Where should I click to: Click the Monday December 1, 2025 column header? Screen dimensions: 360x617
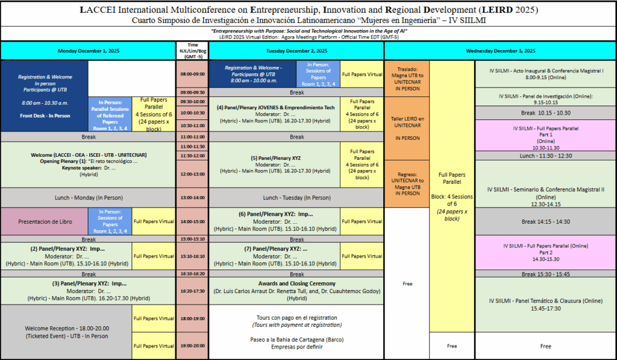pos(88,51)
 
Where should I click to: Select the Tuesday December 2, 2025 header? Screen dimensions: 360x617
pos(297,51)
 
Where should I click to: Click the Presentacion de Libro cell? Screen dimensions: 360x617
pos(45,221)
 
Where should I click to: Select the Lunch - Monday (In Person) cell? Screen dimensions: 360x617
pos(88,197)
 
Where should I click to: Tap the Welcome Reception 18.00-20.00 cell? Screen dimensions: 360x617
pos(66,332)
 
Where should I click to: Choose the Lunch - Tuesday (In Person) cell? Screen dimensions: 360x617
pos(297,197)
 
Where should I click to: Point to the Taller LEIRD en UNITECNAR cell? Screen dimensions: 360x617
pos(407,128)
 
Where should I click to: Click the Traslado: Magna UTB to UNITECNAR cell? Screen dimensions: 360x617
pos(407,78)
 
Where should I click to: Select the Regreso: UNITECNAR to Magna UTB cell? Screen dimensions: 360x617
pos(407,184)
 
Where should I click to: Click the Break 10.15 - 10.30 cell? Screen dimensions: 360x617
pos(546,113)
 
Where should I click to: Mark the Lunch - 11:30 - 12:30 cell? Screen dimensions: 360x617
pos(546,156)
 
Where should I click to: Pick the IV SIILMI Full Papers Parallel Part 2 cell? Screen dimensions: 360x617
pos(546,252)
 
